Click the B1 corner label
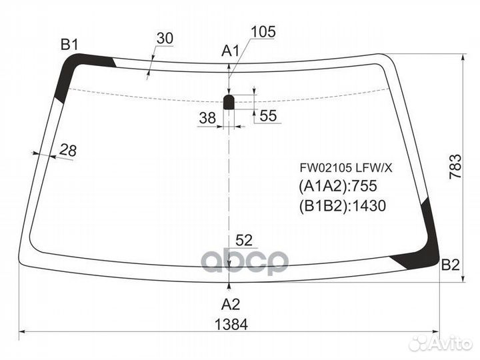[x=69, y=45]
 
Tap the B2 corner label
[x=450, y=265]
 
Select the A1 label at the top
[x=230, y=51]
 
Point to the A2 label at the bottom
[x=231, y=304]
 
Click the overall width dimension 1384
[x=231, y=325]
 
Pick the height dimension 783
[x=455, y=167]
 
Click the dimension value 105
[x=263, y=31]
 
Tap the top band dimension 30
[x=165, y=38]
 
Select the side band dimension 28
[x=67, y=150]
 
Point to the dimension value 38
[x=207, y=118]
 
